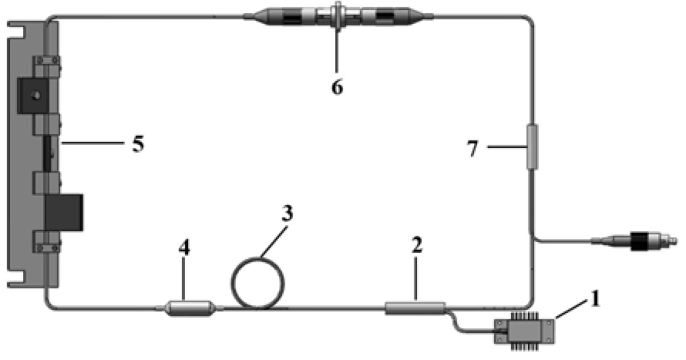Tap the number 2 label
(417, 245)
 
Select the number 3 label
(287, 214)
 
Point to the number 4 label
(185, 248)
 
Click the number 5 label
(138, 143)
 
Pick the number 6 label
(337, 87)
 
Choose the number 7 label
(473, 149)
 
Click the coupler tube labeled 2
(415, 308)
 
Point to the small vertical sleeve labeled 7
(533, 146)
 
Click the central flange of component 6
(338, 17)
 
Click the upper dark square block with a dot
(32, 95)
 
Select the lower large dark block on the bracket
(64, 213)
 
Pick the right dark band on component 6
(384, 18)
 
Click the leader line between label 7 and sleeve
(506, 147)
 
